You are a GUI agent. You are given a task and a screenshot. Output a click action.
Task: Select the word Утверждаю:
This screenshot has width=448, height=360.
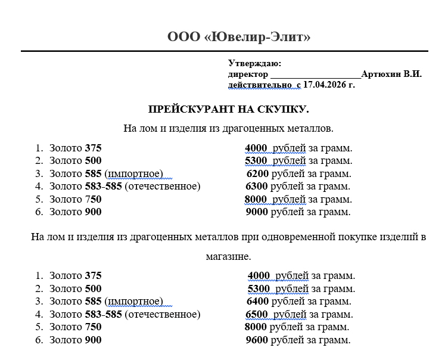pyautogui.click(x=254, y=63)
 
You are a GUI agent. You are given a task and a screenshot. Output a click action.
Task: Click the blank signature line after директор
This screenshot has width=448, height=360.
pyautogui.click(x=315, y=76)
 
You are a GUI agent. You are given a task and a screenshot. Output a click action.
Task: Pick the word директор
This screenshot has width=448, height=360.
pyautogui.click(x=248, y=74)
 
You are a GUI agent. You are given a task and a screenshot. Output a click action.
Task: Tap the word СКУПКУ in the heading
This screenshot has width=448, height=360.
pyautogui.click(x=284, y=109)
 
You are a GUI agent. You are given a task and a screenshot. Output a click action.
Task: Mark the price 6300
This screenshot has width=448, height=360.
pyautogui.click(x=257, y=186)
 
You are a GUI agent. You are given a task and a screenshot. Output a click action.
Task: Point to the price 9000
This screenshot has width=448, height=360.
pyautogui.click(x=257, y=212)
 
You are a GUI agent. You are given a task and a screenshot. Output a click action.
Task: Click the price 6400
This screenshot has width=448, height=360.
pyautogui.click(x=257, y=301)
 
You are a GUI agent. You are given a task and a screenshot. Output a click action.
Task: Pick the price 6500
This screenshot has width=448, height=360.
pyautogui.click(x=257, y=314)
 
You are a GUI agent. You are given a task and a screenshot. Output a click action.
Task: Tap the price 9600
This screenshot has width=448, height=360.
pyautogui.click(x=257, y=340)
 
